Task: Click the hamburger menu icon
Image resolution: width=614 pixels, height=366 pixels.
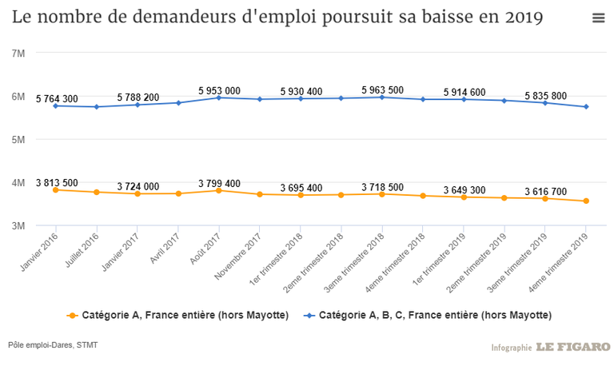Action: [598, 18]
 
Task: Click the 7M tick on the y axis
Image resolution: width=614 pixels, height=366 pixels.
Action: [18, 53]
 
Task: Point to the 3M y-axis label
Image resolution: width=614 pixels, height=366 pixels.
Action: [18, 225]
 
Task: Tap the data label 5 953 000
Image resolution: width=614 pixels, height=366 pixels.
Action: [220, 91]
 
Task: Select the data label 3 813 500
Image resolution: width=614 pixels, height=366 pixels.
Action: [58, 181]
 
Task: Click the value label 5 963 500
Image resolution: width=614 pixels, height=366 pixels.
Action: [383, 90]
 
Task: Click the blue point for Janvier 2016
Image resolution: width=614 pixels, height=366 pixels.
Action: [55, 105]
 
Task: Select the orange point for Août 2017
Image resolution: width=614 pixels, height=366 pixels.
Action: [219, 190]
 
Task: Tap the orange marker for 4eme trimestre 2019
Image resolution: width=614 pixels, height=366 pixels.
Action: [586, 201]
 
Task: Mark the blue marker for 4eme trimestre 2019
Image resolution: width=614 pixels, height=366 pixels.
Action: [586, 106]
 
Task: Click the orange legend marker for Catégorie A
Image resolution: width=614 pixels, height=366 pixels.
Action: [74, 315]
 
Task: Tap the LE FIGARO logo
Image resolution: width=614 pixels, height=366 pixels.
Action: [572, 347]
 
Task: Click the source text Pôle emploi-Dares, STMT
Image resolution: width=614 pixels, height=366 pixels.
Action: [54, 344]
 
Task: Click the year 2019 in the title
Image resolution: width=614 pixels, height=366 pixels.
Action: [523, 18]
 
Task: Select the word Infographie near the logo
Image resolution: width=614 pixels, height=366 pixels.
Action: [512, 348]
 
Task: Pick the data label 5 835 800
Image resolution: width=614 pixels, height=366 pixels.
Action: [546, 96]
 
